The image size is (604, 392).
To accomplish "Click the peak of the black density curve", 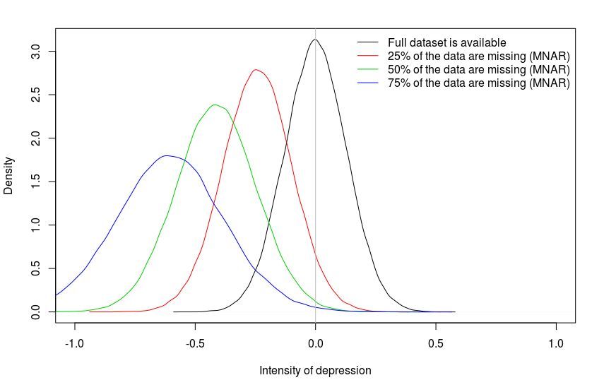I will coord(315,40).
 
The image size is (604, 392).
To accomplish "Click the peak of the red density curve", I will coord(256,69).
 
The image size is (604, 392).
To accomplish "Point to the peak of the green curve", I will coord(214,105).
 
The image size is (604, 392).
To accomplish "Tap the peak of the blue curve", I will coord(167,155).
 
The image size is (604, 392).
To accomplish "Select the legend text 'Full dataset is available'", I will coord(446,42).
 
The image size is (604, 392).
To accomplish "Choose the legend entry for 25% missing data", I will coord(479,56).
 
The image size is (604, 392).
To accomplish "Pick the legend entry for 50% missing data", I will coord(479,69).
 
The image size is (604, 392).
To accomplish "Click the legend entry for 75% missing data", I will coord(479,83).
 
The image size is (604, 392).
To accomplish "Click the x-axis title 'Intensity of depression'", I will coord(315,370).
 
